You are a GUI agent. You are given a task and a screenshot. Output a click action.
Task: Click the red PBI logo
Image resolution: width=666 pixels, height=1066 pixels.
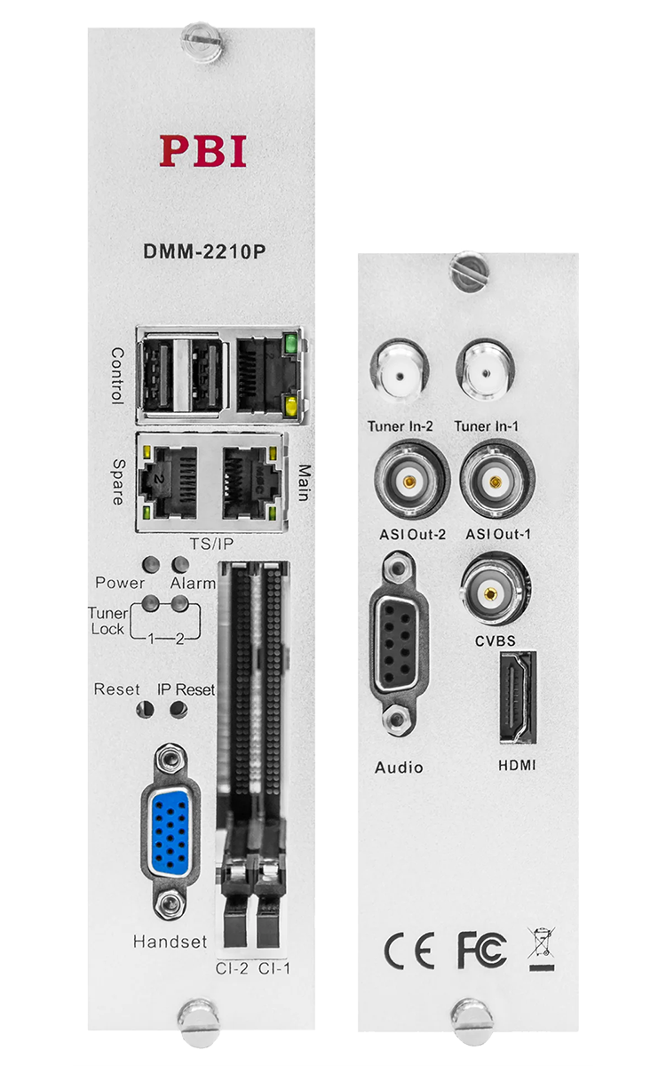tap(203, 151)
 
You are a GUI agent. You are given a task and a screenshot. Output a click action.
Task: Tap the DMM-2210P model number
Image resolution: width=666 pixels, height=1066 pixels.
tap(204, 251)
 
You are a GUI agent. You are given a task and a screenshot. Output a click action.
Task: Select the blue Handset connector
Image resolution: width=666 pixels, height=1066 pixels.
tap(170, 832)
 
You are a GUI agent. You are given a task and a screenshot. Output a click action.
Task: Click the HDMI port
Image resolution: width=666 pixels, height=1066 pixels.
tap(518, 697)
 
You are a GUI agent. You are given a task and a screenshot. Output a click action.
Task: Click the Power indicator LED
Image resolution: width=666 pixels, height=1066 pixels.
tap(151, 564)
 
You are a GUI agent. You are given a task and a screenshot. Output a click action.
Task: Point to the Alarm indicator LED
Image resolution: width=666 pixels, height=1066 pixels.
tap(179, 564)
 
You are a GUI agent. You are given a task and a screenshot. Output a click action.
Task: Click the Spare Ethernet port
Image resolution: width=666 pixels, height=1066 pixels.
tap(168, 482)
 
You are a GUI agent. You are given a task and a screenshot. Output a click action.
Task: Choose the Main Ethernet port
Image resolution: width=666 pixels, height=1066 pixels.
tap(250, 482)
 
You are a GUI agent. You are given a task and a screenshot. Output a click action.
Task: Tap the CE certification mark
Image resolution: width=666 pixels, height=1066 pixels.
tap(409, 951)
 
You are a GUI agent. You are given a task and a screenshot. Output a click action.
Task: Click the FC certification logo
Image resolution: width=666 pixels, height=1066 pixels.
tap(481, 950)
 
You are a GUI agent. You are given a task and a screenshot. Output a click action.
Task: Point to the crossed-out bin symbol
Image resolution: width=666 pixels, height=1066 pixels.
tap(542, 949)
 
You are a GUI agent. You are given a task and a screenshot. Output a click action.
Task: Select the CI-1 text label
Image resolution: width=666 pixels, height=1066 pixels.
tap(274, 969)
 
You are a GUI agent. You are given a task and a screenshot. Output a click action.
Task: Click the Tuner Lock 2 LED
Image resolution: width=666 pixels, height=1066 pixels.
tap(179, 603)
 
